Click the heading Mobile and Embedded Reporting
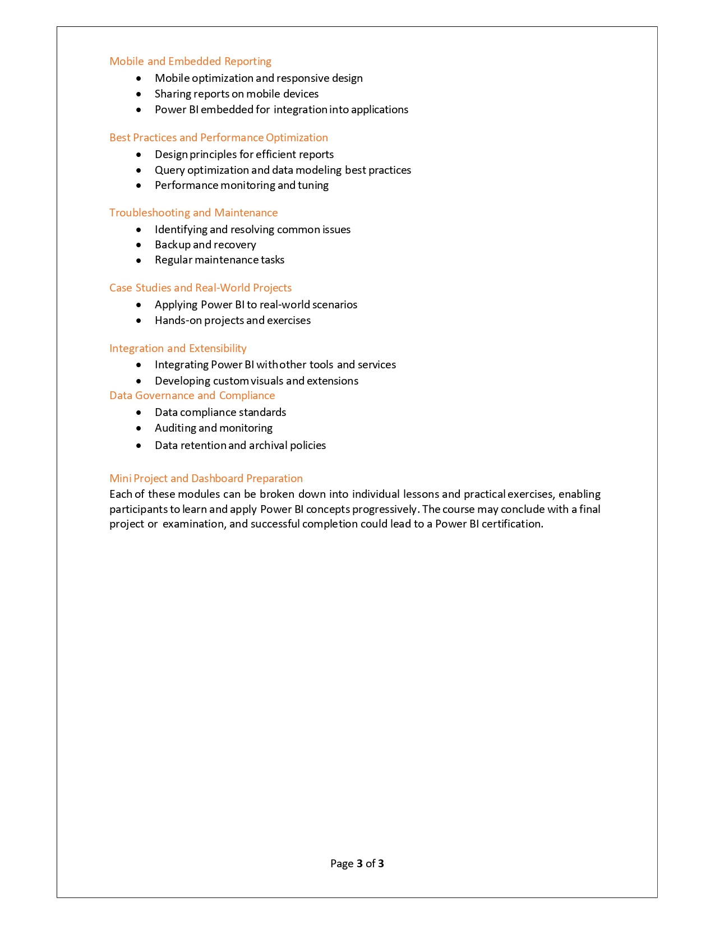point(190,62)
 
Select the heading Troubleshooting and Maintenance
point(193,213)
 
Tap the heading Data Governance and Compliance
point(192,396)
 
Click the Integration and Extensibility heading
point(178,349)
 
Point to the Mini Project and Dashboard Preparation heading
point(206,479)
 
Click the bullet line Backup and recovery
point(205,245)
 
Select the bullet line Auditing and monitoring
point(214,428)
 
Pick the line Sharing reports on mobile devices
point(237,94)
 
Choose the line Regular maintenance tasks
point(219,260)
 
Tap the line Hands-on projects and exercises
point(233,321)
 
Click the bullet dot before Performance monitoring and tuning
point(139,186)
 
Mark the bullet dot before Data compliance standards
point(139,413)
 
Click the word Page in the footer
point(342,864)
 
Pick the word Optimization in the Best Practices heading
point(297,138)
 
